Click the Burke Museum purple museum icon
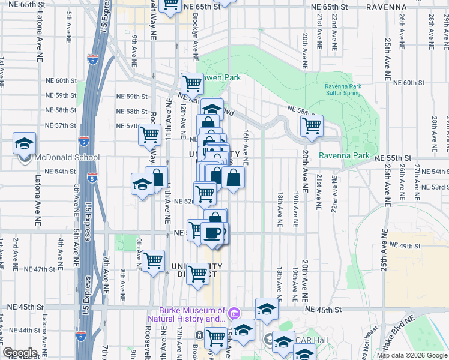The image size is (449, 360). tap(234, 313)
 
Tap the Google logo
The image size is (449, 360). tap(20, 353)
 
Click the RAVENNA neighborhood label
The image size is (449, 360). tap(387, 7)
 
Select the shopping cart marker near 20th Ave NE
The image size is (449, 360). tap(312, 126)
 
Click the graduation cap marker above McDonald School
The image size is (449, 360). tap(24, 144)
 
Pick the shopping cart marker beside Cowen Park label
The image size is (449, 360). tap(192, 83)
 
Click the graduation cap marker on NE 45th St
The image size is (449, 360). tap(267, 309)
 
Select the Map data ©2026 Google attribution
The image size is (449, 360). tap(411, 355)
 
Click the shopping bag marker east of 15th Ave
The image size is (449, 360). tap(233, 178)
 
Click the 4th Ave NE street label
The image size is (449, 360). tap(61, 251)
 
